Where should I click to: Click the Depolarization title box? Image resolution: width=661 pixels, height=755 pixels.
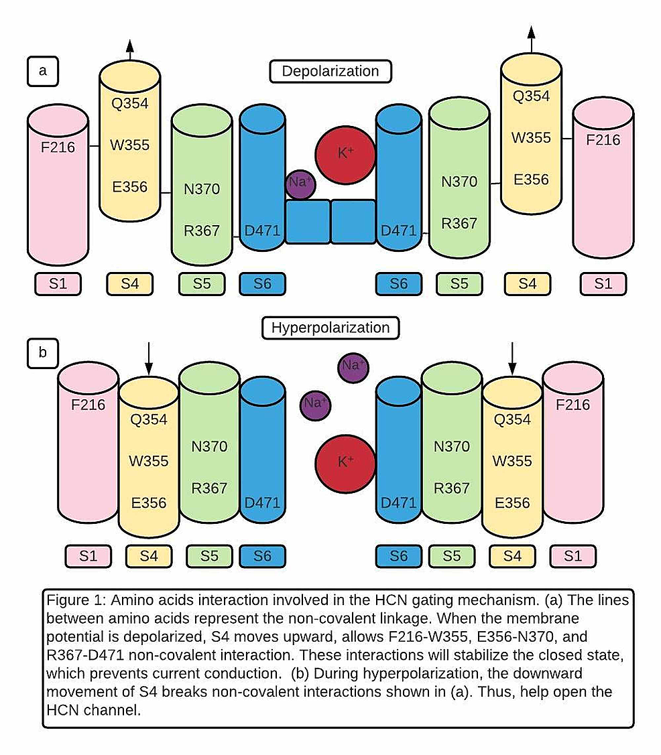click(x=330, y=71)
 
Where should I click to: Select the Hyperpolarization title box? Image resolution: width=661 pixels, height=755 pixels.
click(x=330, y=328)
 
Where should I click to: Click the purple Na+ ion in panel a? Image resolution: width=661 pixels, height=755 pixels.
click(x=300, y=183)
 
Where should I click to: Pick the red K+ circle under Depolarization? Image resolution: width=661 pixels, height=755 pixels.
click(x=345, y=153)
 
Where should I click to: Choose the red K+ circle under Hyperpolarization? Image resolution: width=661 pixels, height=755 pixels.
click(x=345, y=462)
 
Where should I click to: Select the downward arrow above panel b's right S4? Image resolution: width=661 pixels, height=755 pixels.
click(x=512, y=358)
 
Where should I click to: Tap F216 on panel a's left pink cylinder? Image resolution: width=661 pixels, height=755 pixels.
click(x=56, y=147)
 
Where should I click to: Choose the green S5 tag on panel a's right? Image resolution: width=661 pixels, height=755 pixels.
click(x=459, y=283)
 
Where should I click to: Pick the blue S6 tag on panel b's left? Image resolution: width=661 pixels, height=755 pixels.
click(x=262, y=555)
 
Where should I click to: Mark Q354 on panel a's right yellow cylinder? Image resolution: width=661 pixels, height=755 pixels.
click(x=530, y=96)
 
